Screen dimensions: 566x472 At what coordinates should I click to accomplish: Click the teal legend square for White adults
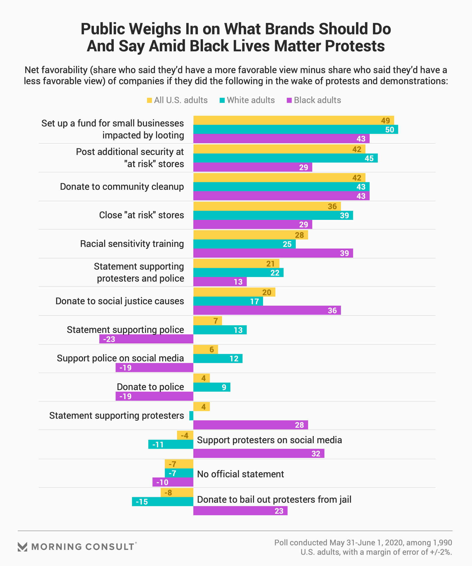(222, 100)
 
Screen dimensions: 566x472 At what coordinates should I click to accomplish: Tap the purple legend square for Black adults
(289, 100)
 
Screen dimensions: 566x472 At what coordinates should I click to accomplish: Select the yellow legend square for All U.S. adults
(149, 100)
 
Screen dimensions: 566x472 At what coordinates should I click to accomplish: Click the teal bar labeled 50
(295, 129)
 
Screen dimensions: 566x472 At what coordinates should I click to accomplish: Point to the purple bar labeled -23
(146, 339)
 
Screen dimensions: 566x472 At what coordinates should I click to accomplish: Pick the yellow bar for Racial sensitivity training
(250, 235)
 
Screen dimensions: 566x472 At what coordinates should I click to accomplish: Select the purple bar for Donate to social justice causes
(267, 310)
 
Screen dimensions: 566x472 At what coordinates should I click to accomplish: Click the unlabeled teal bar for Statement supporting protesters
(191, 416)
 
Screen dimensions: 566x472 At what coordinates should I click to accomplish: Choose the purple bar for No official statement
(173, 482)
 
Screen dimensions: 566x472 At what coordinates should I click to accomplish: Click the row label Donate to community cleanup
(122, 186)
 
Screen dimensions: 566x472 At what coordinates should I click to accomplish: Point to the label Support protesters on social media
(269, 440)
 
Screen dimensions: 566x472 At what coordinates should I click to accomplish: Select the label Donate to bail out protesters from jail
(274, 499)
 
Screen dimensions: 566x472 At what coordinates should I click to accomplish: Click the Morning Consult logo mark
(22, 547)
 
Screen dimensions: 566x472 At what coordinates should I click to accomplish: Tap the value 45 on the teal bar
(369, 158)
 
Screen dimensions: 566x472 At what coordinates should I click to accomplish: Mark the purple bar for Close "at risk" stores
(252, 224)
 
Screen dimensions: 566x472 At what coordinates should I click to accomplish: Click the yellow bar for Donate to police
(202, 378)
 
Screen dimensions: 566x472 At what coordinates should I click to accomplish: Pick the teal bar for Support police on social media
(218, 358)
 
